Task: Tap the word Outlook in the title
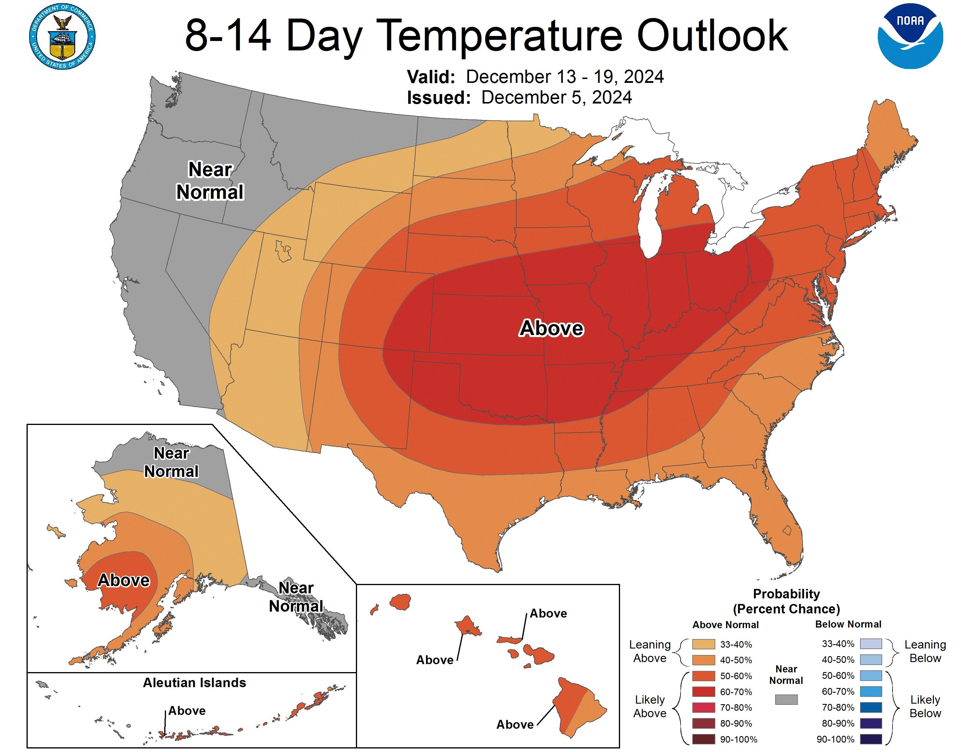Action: click(x=712, y=36)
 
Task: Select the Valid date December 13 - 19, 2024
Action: click(x=564, y=77)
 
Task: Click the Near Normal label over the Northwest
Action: click(x=210, y=181)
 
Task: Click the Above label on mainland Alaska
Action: click(x=124, y=580)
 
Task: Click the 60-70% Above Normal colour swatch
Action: click(x=704, y=692)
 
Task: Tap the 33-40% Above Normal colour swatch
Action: click(x=704, y=644)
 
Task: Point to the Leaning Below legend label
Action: click(x=925, y=651)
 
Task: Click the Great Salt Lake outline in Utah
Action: click(x=283, y=251)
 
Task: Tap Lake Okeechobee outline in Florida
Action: click(x=787, y=530)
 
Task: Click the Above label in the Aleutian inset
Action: click(x=187, y=711)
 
